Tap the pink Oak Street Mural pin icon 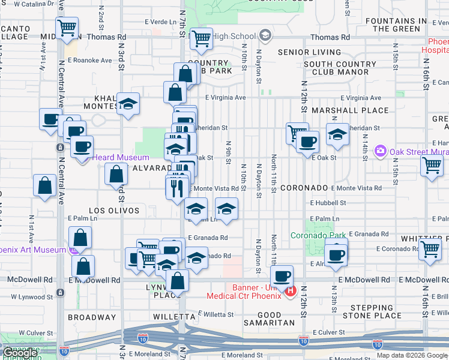pos(379,151)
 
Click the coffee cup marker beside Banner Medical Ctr pos(282,277)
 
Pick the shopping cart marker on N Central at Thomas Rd pos(67,28)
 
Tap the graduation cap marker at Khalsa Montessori pos(128,104)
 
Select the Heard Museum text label pos(112,158)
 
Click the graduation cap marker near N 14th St pos(338,135)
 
